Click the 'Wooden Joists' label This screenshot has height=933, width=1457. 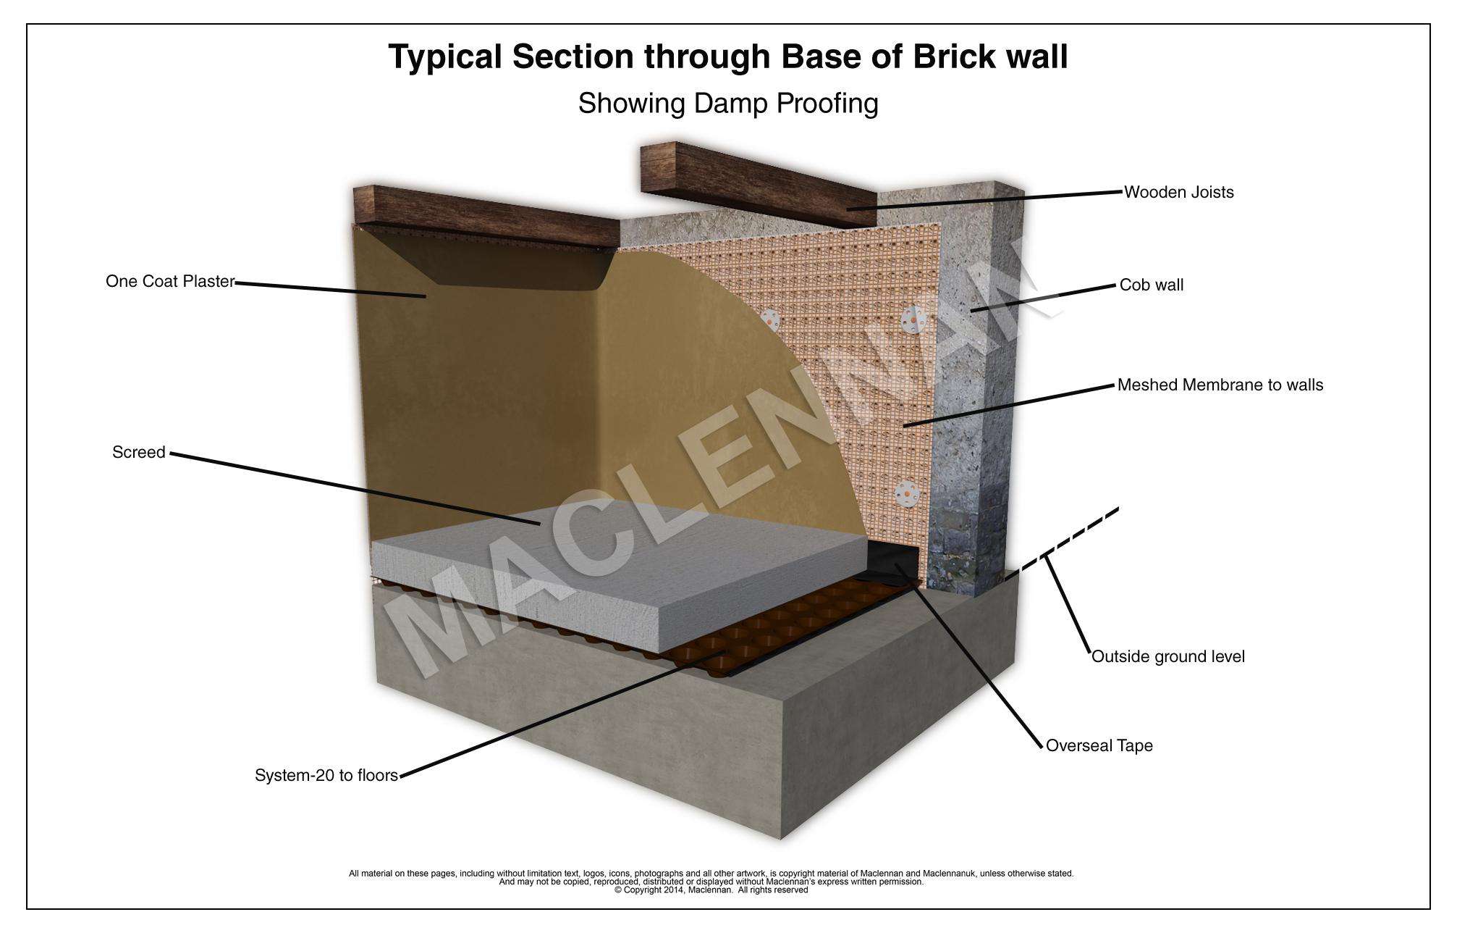1178,192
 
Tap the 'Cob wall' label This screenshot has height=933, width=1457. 1151,285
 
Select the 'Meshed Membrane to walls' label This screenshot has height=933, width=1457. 1220,385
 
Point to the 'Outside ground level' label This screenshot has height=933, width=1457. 1167,656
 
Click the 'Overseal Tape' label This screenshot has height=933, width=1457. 1099,745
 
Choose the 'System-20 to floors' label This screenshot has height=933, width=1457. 326,775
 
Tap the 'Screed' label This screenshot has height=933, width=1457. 138,452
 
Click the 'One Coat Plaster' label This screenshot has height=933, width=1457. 170,281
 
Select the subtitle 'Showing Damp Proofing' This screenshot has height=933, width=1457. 728,103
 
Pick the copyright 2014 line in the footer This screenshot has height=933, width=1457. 711,890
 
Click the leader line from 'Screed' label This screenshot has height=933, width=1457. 355,489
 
